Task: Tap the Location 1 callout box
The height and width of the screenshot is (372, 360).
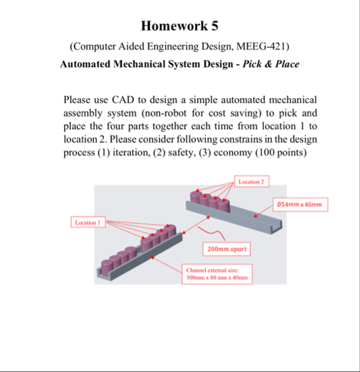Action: point(87,222)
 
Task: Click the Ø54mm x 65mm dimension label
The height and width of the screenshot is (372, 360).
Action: point(300,205)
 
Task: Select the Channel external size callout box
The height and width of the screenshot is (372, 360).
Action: point(217,274)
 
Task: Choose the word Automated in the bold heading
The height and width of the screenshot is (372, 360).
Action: point(87,64)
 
